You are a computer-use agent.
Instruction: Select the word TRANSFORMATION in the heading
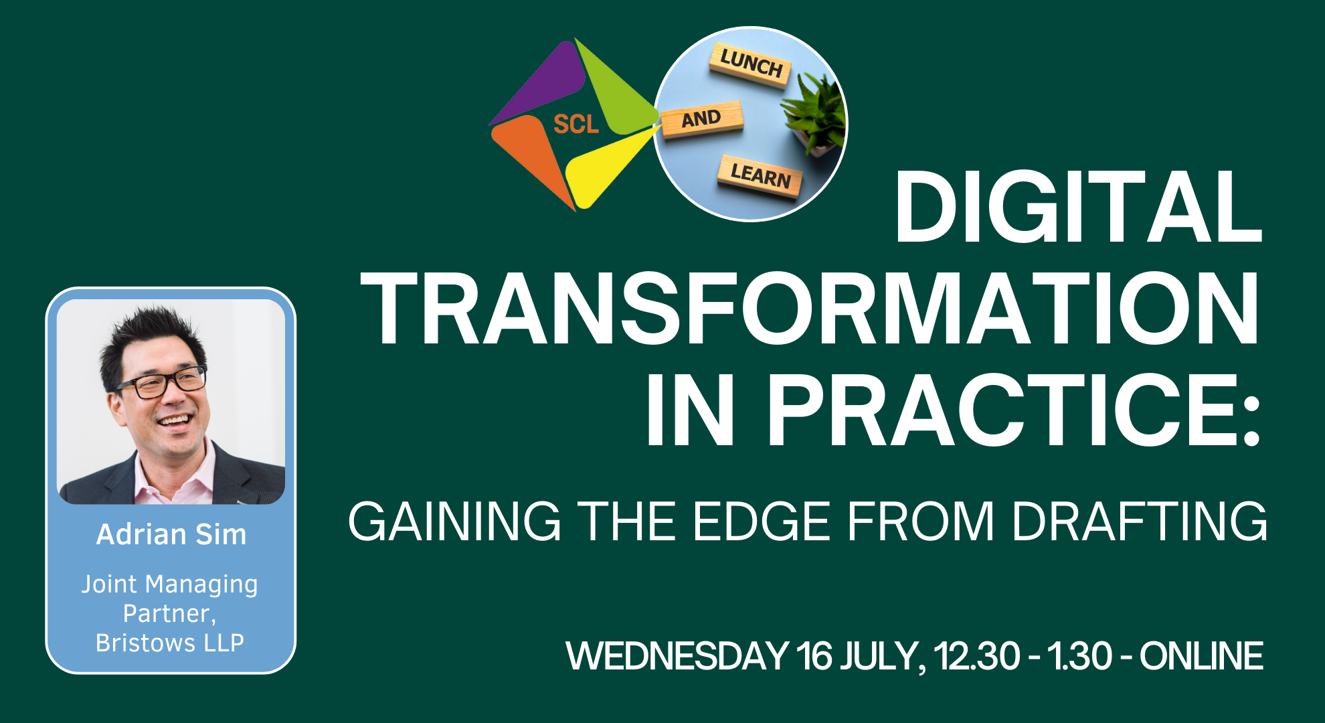coord(810,309)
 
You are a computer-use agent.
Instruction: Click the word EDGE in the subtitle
coord(762,521)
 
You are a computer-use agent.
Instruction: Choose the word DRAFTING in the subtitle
coord(1140,521)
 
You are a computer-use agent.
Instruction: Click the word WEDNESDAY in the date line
coord(677,655)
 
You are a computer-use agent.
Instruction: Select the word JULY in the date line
coord(883,656)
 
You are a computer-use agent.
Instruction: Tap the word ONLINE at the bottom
coord(1201,655)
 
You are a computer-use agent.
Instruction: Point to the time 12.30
coord(977,655)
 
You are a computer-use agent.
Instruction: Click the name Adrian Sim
coord(171,534)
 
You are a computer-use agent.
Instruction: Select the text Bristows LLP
coord(170,643)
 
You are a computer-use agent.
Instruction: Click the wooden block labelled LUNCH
coord(751,65)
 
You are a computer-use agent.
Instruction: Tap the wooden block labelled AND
coord(701,119)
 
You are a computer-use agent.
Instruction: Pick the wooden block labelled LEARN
coord(760,176)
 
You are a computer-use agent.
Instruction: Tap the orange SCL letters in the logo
coord(576,125)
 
